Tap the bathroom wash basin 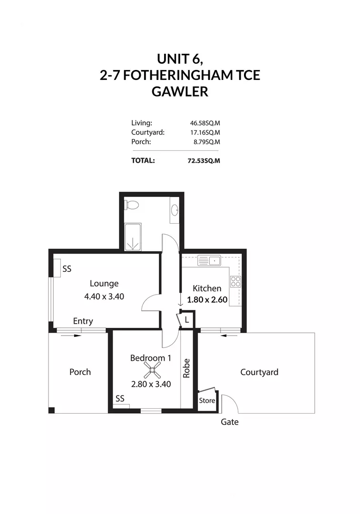click(175, 210)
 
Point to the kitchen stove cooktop click(235, 281)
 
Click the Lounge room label click(104, 284)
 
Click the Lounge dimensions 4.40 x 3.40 click(104, 296)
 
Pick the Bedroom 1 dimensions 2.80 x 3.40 click(151, 384)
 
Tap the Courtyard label click(259, 372)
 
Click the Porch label click(80, 372)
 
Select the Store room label click(207, 401)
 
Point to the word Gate click(230, 422)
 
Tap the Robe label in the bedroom click(186, 368)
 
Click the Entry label click(83, 321)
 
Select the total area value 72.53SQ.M click(204, 161)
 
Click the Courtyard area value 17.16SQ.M click(205, 133)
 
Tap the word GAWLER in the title click(180, 91)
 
